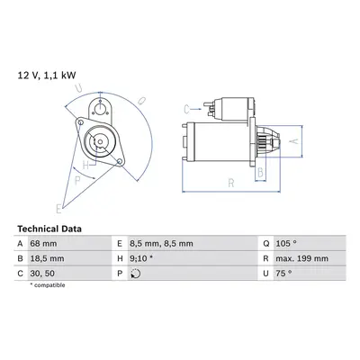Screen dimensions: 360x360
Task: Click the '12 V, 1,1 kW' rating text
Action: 47,76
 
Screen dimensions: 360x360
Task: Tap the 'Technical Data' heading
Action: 49,229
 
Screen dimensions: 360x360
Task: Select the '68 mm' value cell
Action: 43,244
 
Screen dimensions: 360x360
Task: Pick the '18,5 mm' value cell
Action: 47,258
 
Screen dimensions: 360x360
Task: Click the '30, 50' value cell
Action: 42,274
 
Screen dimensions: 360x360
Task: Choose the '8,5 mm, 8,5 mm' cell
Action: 161,244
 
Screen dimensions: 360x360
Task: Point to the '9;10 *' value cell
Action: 141,258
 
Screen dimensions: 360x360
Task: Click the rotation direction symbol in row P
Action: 136,274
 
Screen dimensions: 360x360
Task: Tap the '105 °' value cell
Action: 286,244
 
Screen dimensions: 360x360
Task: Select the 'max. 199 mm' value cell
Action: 302,258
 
